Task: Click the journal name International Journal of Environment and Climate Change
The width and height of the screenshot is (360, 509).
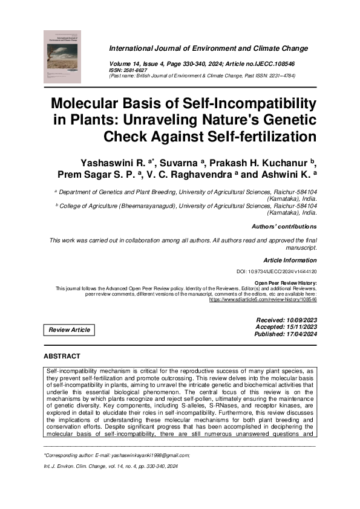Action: click(x=208, y=48)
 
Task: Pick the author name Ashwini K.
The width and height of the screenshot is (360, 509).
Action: click(x=292, y=175)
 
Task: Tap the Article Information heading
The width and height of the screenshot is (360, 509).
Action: click(x=290, y=260)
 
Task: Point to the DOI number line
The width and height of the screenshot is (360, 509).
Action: click(x=276, y=272)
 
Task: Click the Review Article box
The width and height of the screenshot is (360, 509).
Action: click(x=70, y=330)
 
